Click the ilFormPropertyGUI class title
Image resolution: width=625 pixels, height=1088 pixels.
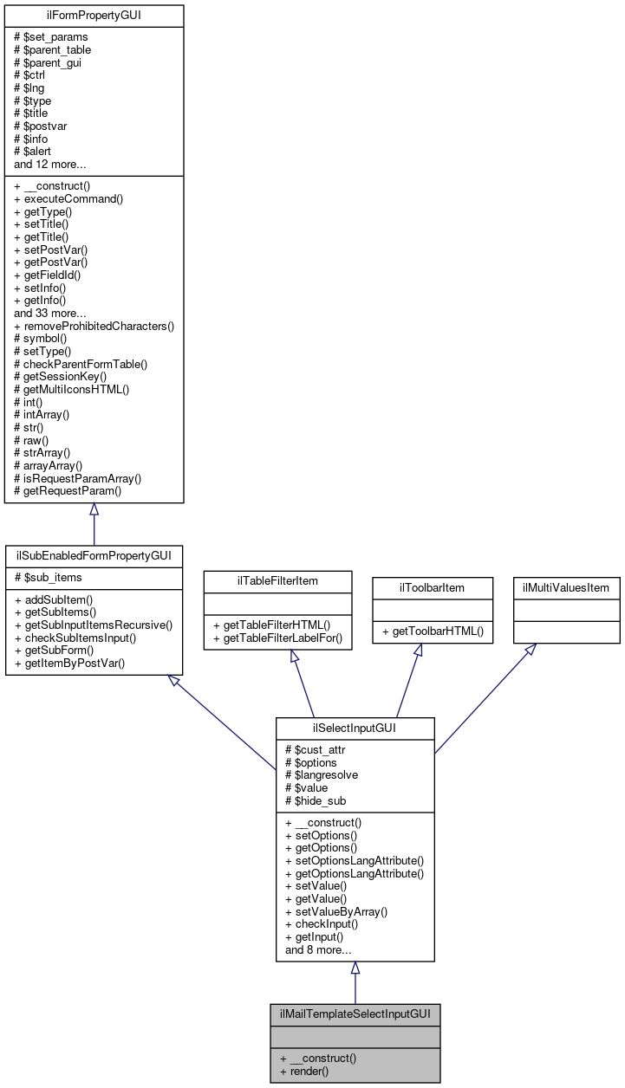click(x=94, y=16)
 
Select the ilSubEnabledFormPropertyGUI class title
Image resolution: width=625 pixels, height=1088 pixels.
click(x=94, y=554)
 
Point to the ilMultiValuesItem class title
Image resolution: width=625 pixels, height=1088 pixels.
click(x=566, y=587)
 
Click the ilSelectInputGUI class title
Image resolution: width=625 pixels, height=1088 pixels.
click(x=355, y=728)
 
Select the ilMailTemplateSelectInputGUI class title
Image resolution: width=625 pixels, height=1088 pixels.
click(x=355, y=1013)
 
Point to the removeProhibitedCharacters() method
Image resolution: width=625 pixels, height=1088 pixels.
click(x=94, y=327)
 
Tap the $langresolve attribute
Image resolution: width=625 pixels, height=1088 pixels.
click(x=322, y=775)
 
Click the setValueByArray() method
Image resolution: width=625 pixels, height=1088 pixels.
click(x=335, y=911)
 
